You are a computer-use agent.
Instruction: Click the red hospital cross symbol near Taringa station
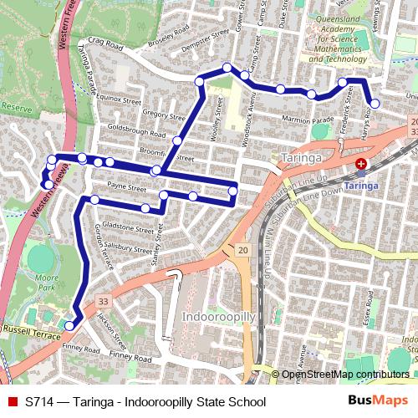361,165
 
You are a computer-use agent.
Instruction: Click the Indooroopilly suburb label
216,318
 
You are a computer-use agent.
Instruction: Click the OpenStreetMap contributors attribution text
345,375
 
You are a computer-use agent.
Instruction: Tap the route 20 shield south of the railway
242,250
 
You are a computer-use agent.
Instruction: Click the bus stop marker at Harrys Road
375,104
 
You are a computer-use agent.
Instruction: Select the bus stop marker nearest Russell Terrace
69,325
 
